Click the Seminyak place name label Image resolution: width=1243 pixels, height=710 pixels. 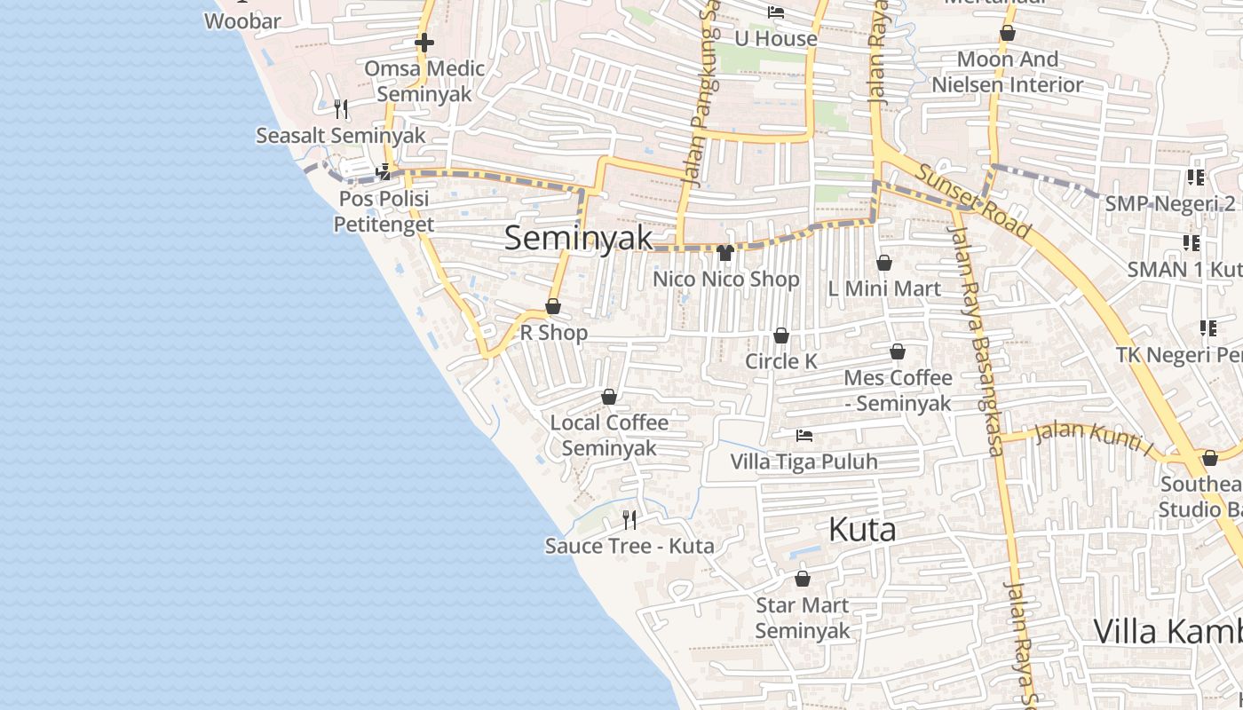point(579,238)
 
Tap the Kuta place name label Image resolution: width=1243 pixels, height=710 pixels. point(861,530)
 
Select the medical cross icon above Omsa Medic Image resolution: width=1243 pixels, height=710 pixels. point(424,42)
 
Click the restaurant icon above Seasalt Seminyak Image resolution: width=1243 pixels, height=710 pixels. point(341,109)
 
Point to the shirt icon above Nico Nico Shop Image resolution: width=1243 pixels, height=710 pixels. point(724,254)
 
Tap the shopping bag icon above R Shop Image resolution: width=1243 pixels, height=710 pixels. point(553,307)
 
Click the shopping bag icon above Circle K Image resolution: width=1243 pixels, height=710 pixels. point(781,335)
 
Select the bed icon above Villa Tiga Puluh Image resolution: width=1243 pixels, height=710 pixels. point(804,436)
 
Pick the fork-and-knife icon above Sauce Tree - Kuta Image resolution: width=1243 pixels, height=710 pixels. point(629,519)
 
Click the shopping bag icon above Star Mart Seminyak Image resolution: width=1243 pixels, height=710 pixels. point(803,580)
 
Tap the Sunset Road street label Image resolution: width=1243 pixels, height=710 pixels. point(974,201)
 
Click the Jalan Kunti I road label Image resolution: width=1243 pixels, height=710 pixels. point(1093,438)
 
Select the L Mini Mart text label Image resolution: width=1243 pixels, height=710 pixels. point(884,288)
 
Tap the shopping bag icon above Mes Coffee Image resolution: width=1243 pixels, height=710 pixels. point(898,352)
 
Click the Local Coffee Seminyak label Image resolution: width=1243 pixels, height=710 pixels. point(609,435)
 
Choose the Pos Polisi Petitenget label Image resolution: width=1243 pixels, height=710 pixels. point(384,211)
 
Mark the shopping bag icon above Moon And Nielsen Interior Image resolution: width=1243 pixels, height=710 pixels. point(1008,34)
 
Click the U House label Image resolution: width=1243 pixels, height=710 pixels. point(776,39)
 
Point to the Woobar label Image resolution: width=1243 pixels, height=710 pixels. point(242,21)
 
